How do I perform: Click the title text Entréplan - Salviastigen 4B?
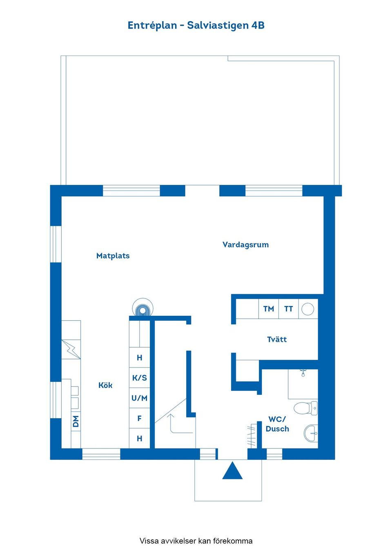click(196, 25)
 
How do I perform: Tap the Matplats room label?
click(113, 256)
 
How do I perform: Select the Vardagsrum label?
click(245, 245)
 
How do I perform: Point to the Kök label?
click(105, 385)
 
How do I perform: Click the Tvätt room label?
click(277, 339)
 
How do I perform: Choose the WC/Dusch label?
click(277, 424)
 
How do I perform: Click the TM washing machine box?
click(269, 309)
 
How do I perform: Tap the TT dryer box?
click(289, 309)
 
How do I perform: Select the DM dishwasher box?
click(76, 421)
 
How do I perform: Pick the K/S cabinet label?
click(139, 378)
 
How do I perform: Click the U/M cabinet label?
click(139, 398)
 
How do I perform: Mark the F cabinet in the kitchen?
click(139, 419)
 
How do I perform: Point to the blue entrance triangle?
click(232, 471)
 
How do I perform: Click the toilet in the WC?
click(305, 408)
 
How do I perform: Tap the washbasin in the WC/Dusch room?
click(311, 433)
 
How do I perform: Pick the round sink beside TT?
click(307, 309)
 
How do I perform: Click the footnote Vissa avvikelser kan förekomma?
click(196, 541)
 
